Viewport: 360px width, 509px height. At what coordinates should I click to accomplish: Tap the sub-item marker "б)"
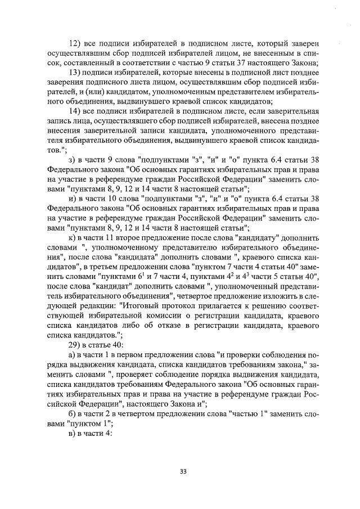pos(71,416)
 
